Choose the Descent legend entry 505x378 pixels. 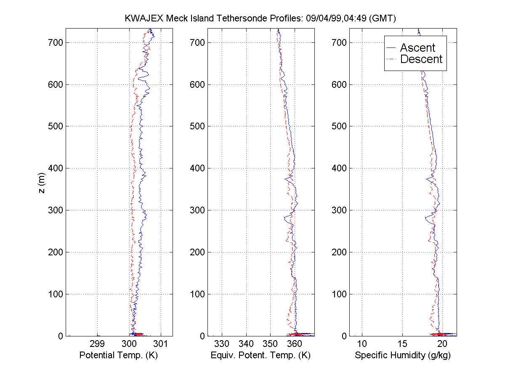coord(421,59)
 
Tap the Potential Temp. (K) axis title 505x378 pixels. coord(119,355)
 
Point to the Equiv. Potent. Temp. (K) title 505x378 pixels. coord(260,355)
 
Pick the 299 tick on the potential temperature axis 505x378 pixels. coord(98,344)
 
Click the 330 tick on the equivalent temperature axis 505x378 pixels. coord(222,344)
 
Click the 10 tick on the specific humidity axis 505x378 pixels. coord(362,344)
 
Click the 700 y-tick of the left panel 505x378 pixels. coord(56,42)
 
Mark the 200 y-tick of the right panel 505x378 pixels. coord(340,252)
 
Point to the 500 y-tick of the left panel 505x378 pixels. coord(56,126)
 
